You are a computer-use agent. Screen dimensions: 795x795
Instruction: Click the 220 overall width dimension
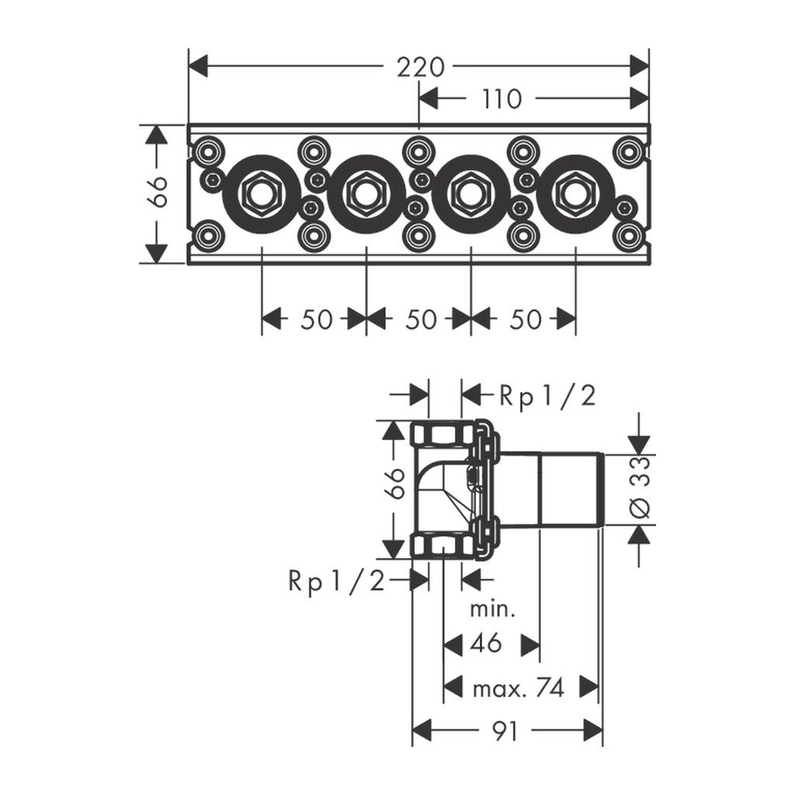pos(421,68)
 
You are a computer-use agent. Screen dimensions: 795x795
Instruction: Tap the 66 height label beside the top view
pos(158,193)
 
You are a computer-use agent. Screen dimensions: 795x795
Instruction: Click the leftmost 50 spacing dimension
pos(316,319)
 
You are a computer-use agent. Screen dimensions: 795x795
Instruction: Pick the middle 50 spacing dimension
pos(421,319)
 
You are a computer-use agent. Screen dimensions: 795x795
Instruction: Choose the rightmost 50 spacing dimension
pos(525,319)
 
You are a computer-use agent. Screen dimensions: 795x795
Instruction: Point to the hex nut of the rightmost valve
pos(575,193)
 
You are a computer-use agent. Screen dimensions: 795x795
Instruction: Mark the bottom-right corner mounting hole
pos(628,236)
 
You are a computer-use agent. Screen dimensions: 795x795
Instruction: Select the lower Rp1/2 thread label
pos(336,580)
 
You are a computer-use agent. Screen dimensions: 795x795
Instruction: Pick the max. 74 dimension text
pos(518,687)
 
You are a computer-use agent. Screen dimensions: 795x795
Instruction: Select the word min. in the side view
pos(493,608)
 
